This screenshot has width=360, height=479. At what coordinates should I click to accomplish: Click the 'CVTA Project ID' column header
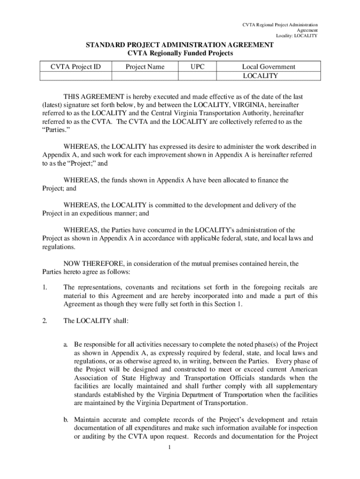[76, 67]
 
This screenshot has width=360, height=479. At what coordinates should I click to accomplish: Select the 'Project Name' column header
[145, 67]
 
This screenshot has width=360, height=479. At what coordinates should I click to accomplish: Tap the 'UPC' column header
[197, 67]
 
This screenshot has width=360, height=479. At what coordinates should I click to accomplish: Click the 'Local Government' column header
[268, 67]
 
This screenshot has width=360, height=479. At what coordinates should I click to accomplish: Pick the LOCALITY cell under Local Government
[260, 76]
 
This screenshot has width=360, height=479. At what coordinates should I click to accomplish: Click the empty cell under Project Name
[145, 76]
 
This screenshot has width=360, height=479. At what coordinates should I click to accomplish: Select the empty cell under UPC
[197, 76]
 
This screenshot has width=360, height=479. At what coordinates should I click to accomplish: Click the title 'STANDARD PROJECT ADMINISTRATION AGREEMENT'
[180, 45]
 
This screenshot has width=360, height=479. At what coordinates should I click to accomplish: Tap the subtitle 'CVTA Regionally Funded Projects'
[180, 53]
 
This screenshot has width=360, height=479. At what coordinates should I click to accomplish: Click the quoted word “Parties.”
[48, 130]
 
